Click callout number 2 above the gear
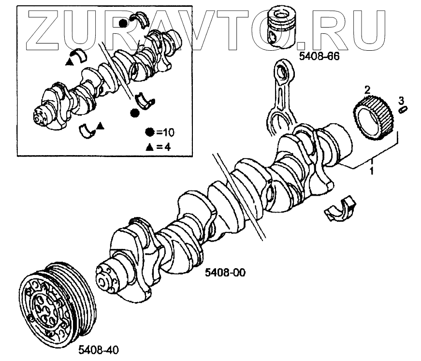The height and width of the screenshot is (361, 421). [x=367, y=89]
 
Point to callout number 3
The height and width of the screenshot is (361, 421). [x=401, y=100]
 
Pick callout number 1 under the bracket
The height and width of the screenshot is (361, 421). [x=372, y=170]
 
